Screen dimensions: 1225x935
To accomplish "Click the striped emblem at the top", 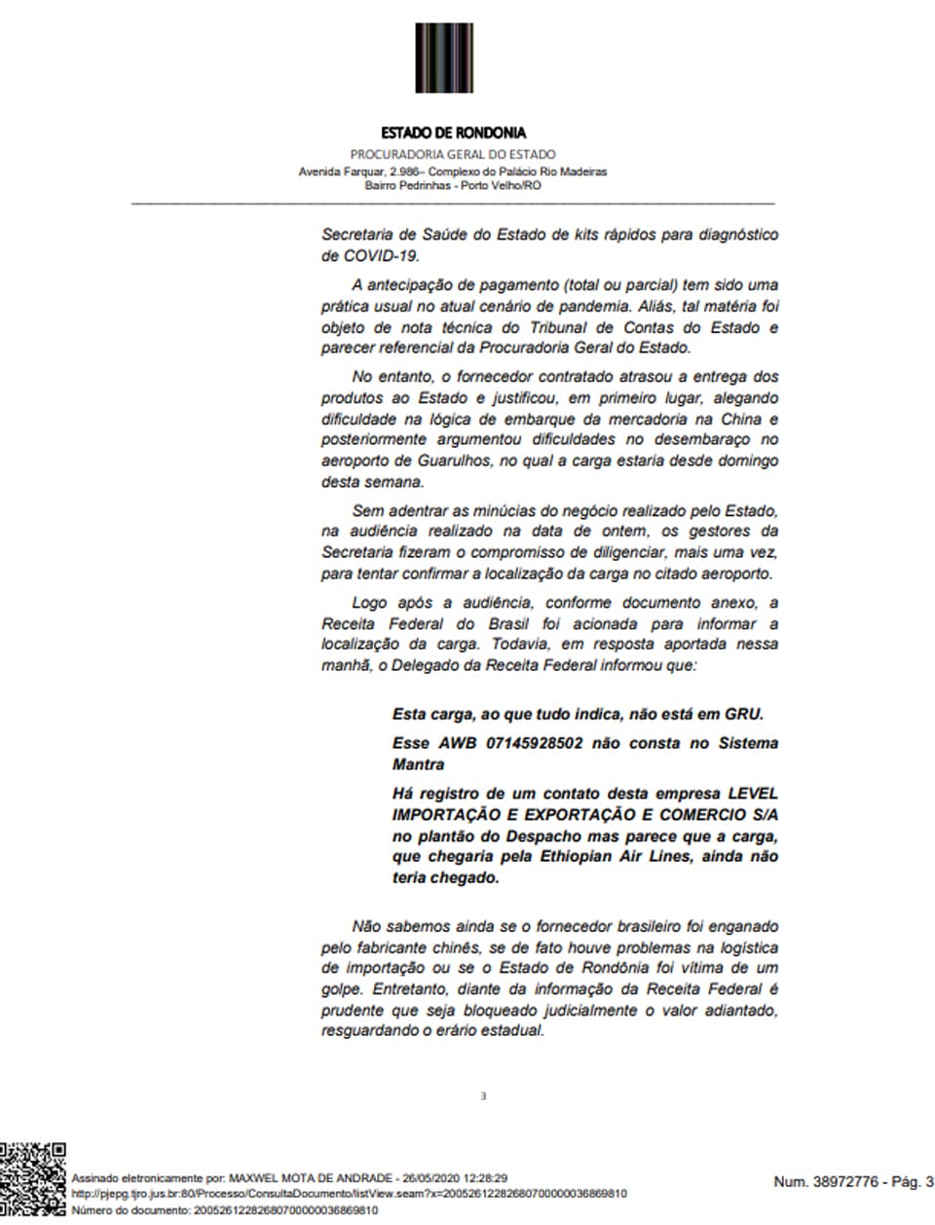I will (x=444, y=57).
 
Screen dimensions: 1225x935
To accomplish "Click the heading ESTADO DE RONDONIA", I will (x=453, y=132).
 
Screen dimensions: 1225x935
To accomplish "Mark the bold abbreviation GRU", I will (x=743, y=714).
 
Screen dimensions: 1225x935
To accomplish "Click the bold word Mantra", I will (x=418, y=764).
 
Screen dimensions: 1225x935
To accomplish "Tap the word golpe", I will (x=342, y=989).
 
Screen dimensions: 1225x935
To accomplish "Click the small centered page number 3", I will (x=483, y=1096).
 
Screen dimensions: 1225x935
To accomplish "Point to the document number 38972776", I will (x=852, y=1182).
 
